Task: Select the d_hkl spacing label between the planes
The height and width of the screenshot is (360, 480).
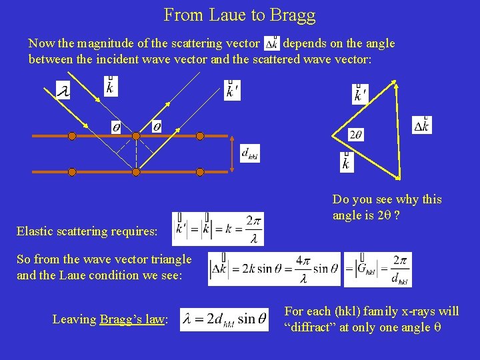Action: coord(250,153)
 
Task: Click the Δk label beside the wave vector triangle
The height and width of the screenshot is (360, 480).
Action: coord(421,125)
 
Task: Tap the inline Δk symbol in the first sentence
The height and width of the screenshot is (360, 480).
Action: coord(271,43)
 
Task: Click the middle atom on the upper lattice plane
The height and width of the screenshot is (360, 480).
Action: coord(136,136)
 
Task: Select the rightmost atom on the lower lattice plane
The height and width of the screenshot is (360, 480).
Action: coord(199,172)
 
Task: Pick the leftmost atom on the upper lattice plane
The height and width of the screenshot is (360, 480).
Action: coord(72,136)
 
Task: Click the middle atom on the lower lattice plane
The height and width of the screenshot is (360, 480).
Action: coord(136,172)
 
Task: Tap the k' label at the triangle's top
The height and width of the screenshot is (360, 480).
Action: coord(359,94)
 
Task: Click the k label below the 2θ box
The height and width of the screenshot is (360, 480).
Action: coord(346,161)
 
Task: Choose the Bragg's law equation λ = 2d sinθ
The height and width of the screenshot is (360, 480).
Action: coord(224,319)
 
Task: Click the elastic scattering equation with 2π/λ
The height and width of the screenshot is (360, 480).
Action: coord(218,229)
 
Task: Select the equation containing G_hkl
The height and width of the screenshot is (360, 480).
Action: coord(377,269)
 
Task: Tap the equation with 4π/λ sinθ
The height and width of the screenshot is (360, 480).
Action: coord(274,269)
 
